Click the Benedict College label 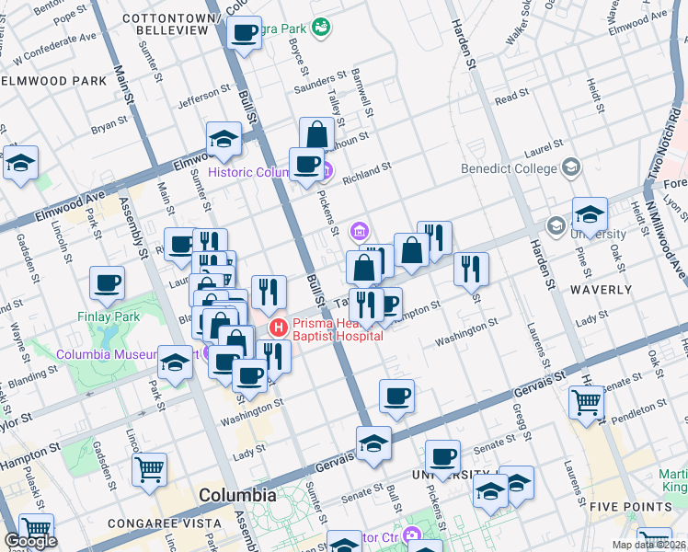pos(510,168)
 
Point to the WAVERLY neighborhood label pos(602,289)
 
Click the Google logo pos(29,541)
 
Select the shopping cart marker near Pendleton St pos(586,401)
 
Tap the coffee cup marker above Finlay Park pos(107,282)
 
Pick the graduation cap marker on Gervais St pos(373,443)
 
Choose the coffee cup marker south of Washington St pos(396,397)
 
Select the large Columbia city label pos(237,495)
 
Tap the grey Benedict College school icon pos(571,167)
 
